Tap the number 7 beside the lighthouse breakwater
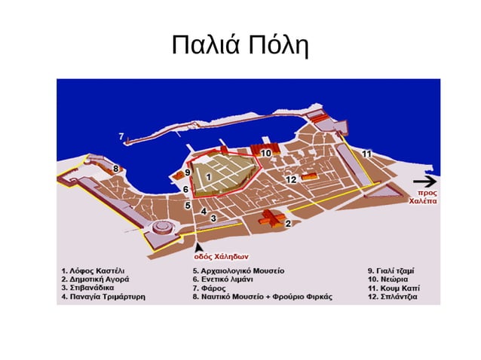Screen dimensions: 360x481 121,136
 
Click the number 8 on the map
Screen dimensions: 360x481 115,169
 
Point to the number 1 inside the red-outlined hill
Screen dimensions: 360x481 208,176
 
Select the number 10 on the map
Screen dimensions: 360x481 266,154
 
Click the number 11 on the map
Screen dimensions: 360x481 366,154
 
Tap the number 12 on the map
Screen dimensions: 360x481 290,179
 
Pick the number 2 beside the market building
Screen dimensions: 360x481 288,223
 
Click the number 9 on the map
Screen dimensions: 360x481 187,174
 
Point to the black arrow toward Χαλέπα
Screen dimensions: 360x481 424,182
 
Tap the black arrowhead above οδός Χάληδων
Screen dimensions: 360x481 199,246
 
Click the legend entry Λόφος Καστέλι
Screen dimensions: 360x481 94,270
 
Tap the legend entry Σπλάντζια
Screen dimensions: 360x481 394,297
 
